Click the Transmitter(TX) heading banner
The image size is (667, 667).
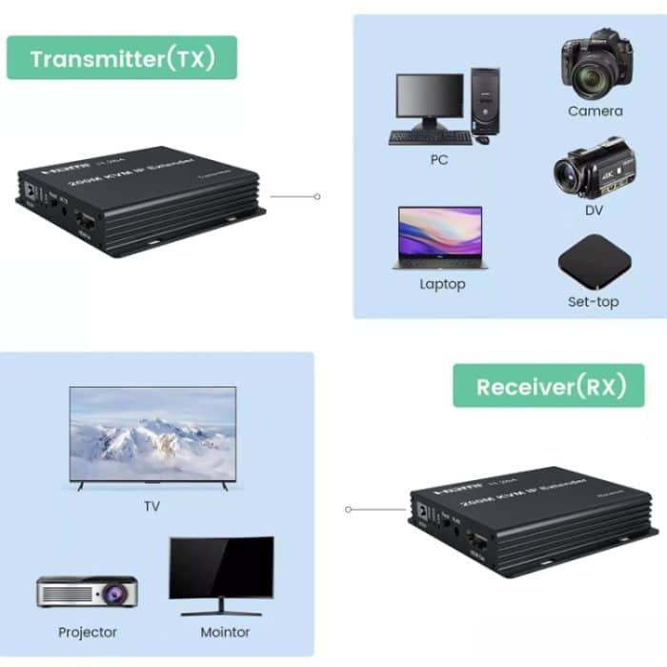tap(122, 58)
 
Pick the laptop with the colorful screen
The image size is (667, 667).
tap(437, 238)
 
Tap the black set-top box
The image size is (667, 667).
tap(594, 260)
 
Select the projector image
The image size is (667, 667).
tap(87, 592)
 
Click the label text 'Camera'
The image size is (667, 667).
tap(595, 111)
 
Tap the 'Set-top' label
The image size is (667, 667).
tap(594, 302)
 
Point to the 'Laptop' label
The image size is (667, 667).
tap(442, 284)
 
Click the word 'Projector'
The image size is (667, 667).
tap(88, 632)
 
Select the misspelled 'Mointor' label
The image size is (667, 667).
tap(225, 632)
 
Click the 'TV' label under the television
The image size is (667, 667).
tap(152, 507)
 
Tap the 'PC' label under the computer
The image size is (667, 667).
tap(438, 160)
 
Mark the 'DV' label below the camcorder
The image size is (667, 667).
tap(594, 210)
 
